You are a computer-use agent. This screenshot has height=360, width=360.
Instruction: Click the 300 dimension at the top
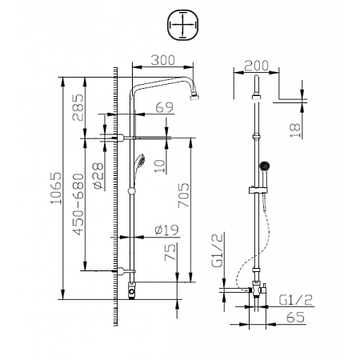[162, 61]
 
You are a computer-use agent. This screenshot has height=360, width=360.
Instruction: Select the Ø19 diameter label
[165, 230]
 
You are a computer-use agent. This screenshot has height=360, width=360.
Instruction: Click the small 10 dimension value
[162, 166]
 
